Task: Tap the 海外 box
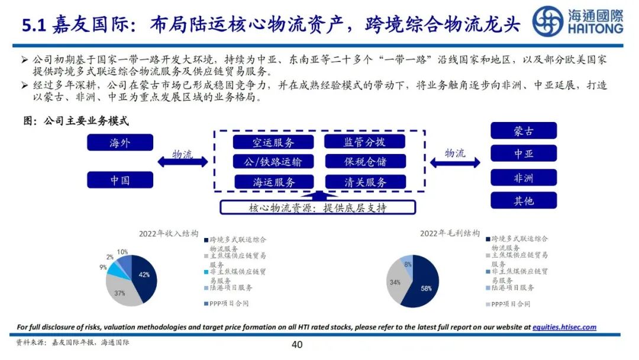120,143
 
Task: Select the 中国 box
120,179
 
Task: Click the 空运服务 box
273,142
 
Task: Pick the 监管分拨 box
364,142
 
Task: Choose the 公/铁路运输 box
273,162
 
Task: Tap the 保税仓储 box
364,162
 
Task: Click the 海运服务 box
273,182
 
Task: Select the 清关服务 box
364,182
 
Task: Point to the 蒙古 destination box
524,131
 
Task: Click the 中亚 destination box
524,153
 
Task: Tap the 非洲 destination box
524,177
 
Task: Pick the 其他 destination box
524,200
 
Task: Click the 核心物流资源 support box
318,208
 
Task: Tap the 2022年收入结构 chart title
169,233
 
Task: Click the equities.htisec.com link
564,327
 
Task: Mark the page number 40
297,345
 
